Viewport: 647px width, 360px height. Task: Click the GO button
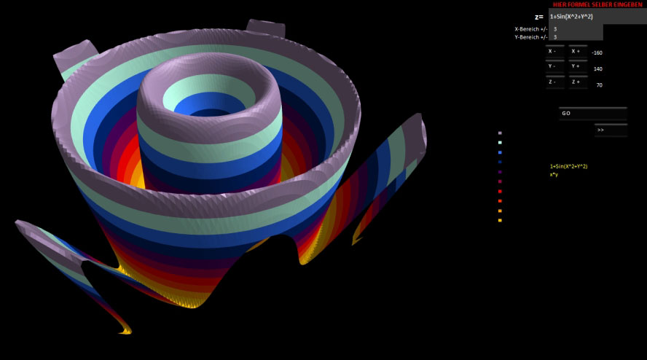click(x=593, y=113)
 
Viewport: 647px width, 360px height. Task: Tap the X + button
click(x=578, y=52)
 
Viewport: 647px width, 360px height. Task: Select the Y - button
click(x=555, y=66)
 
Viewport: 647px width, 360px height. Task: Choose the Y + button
click(x=578, y=66)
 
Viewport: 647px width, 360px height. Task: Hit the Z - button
click(x=555, y=82)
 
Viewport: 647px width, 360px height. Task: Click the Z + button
click(x=578, y=82)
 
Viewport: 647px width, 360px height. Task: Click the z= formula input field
click(x=597, y=17)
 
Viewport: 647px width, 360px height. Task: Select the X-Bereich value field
click(x=576, y=29)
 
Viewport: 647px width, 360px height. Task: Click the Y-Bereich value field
click(x=576, y=36)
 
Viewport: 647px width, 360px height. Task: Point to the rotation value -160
click(x=597, y=53)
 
